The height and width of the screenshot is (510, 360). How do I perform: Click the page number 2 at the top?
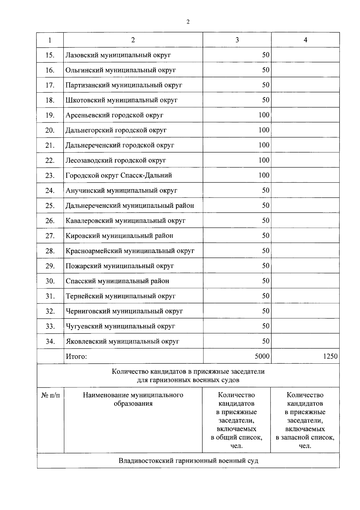pos(188,22)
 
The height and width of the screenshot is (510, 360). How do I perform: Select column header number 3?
pos(237,40)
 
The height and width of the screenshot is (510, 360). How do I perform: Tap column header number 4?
pos(305,40)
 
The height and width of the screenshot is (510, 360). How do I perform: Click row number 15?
pos(50,55)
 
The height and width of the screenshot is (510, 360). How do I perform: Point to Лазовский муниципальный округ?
pos(118,55)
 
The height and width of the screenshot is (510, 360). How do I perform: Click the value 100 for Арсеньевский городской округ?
pos(264,115)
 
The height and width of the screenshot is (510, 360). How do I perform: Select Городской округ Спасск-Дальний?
pos(119,175)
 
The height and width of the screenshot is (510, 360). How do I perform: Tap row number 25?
pos(50,206)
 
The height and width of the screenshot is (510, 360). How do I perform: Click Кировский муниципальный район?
pos(119,236)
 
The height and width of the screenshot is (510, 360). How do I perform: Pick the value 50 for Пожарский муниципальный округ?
pos(265,266)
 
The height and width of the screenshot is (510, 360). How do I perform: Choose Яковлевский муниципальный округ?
pos(122,341)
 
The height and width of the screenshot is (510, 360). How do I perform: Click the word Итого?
pos(76,356)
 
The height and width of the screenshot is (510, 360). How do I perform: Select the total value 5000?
pos(262,356)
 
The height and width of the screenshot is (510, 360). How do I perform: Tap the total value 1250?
pos(330,356)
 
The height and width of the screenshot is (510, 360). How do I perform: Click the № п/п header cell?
pos(50,395)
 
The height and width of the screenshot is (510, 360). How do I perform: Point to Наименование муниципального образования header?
pos(133,399)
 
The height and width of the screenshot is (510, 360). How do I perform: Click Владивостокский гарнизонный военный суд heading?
pos(188,461)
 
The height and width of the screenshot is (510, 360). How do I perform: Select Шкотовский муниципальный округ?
pos(121,100)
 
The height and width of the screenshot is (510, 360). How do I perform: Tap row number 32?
pos(50,311)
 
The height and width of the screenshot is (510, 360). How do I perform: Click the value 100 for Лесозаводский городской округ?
pos(264,160)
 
